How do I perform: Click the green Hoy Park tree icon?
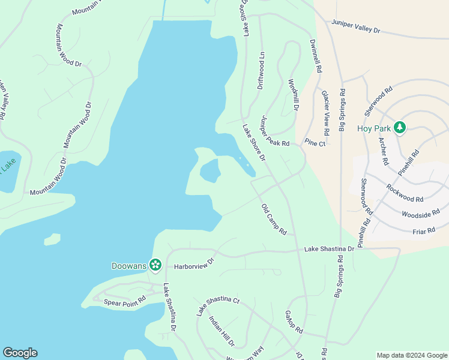tap(399, 128)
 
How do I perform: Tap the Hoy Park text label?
tap(373, 128)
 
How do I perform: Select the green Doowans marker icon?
tap(155, 265)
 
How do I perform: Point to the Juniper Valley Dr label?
tap(356, 26)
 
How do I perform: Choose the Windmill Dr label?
tap(293, 95)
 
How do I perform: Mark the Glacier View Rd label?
tap(325, 113)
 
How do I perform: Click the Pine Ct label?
tap(315, 143)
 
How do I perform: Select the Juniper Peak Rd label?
tap(274, 131)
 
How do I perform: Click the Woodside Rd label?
tap(421, 214)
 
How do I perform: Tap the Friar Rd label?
tap(424, 230)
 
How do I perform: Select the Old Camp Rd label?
tap(274, 219)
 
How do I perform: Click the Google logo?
tap(20, 353)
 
